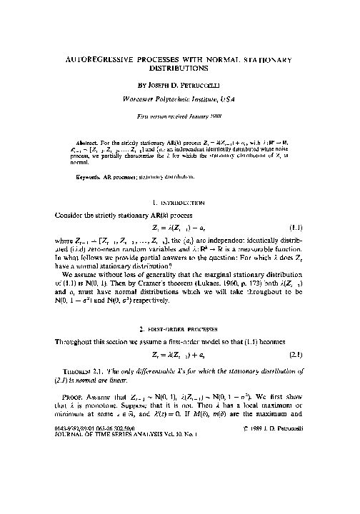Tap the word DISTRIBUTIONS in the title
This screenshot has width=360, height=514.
pos(179,71)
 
